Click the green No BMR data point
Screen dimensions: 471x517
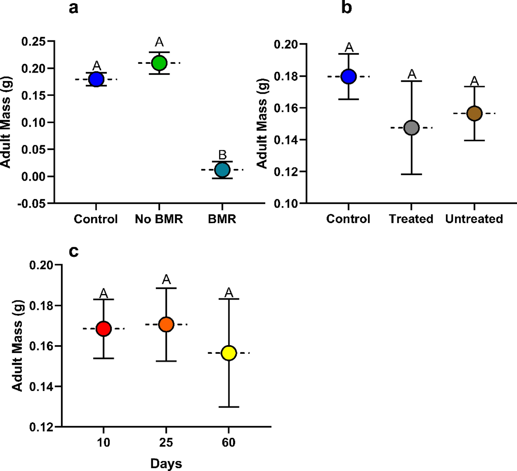click(159, 63)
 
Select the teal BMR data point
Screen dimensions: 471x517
click(222, 170)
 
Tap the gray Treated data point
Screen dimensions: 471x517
click(411, 128)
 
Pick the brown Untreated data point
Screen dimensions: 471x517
click(474, 113)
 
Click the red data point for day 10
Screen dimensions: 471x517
click(103, 329)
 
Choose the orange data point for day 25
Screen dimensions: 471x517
click(166, 324)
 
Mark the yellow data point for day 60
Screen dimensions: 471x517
click(229, 353)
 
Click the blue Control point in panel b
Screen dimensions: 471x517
click(349, 76)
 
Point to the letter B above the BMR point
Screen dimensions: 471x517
click(222, 154)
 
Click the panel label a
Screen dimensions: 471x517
click(73, 8)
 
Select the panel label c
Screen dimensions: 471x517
click(73, 251)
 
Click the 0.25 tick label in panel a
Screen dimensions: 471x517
click(33, 41)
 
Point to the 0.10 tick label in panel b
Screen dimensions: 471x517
click(286, 203)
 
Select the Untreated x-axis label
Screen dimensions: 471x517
click(474, 219)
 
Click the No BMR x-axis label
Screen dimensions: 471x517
click(159, 219)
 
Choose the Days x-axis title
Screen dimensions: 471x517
click(166, 464)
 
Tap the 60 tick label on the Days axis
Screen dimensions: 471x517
click(229, 442)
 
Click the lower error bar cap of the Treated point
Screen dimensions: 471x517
click(411, 174)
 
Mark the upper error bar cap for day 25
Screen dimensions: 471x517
click(166, 288)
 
